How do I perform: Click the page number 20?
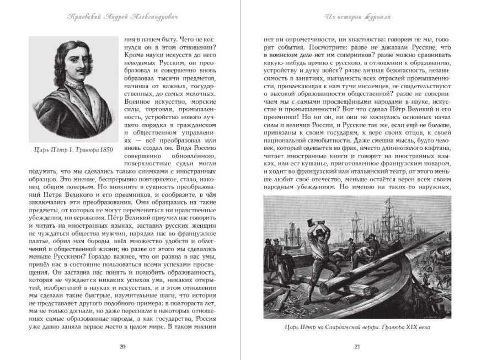(122, 346)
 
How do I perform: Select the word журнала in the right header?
(377, 17)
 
